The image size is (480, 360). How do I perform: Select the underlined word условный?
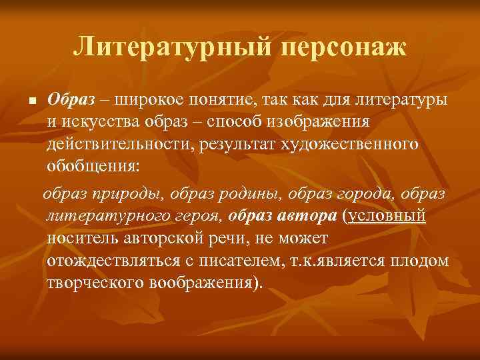pos(385,216)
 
